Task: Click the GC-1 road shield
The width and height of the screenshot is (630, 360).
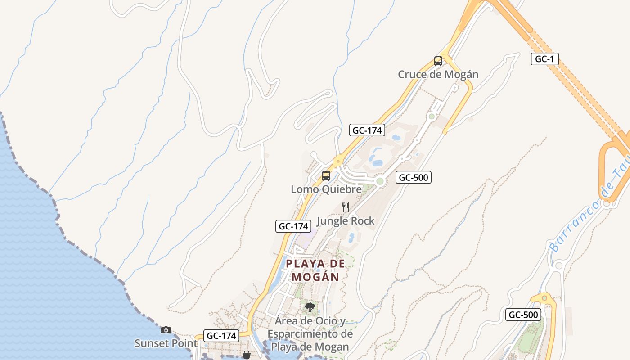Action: (x=544, y=59)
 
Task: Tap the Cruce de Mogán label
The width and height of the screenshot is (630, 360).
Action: (x=438, y=75)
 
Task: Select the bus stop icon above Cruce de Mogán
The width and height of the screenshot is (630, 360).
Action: (x=438, y=61)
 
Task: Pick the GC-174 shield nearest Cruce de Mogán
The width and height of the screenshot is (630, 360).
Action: (x=367, y=130)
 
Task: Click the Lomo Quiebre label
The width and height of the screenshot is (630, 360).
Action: (x=326, y=189)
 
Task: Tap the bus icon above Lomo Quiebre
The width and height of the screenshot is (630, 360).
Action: (x=326, y=176)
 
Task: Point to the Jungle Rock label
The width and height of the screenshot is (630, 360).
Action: (x=346, y=221)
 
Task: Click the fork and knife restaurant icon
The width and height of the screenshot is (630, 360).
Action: (x=346, y=207)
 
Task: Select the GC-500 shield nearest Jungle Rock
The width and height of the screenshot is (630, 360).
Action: (x=414, y=178)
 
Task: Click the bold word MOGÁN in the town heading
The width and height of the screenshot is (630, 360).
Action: (x=315, y=277)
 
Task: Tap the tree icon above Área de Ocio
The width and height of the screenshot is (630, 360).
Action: (x=310, y=307)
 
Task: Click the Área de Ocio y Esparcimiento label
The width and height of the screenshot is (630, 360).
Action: (x=310, y=334)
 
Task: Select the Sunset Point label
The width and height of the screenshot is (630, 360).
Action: (x=166, y=343)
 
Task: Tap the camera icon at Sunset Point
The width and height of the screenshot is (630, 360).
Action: (x=166, y=330)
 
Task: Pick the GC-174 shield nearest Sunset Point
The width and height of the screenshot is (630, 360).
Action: (x=221, y=336)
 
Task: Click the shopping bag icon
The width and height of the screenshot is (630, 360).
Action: (x=247, y=355)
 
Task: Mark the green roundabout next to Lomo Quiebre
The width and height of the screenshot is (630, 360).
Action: (x=380, y=181)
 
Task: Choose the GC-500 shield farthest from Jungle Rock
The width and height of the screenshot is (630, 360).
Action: (x=523, y=315)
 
